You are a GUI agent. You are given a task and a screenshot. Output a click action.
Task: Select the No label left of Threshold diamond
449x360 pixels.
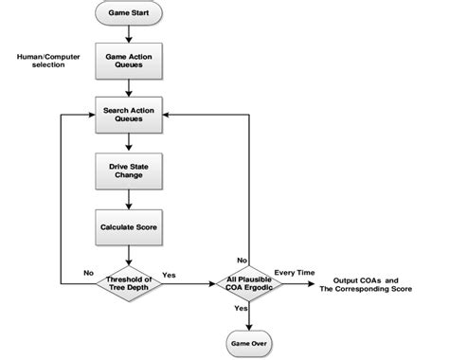pos(88,273)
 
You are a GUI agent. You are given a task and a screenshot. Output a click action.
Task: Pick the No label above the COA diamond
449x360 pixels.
pos(242,259)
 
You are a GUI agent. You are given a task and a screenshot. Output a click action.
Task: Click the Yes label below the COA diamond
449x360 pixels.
pos(241,307)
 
